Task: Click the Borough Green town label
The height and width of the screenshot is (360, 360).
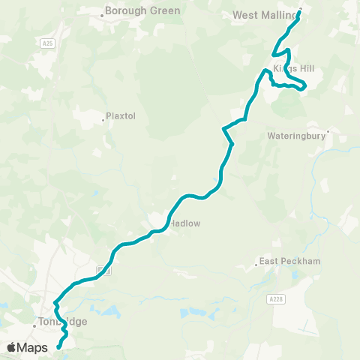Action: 142,11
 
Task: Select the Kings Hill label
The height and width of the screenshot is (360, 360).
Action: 288,68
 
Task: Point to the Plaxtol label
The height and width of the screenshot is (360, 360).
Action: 121,117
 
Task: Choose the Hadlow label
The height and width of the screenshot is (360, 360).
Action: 184,223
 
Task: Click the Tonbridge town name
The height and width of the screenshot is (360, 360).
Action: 64,322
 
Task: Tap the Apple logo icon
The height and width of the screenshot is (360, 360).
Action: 12,347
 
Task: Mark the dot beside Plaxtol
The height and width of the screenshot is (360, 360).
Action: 103,118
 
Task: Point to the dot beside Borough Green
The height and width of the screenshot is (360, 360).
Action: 102,13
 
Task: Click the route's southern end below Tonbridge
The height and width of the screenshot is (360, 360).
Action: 58,347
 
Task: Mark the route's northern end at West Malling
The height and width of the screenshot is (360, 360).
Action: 300,10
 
